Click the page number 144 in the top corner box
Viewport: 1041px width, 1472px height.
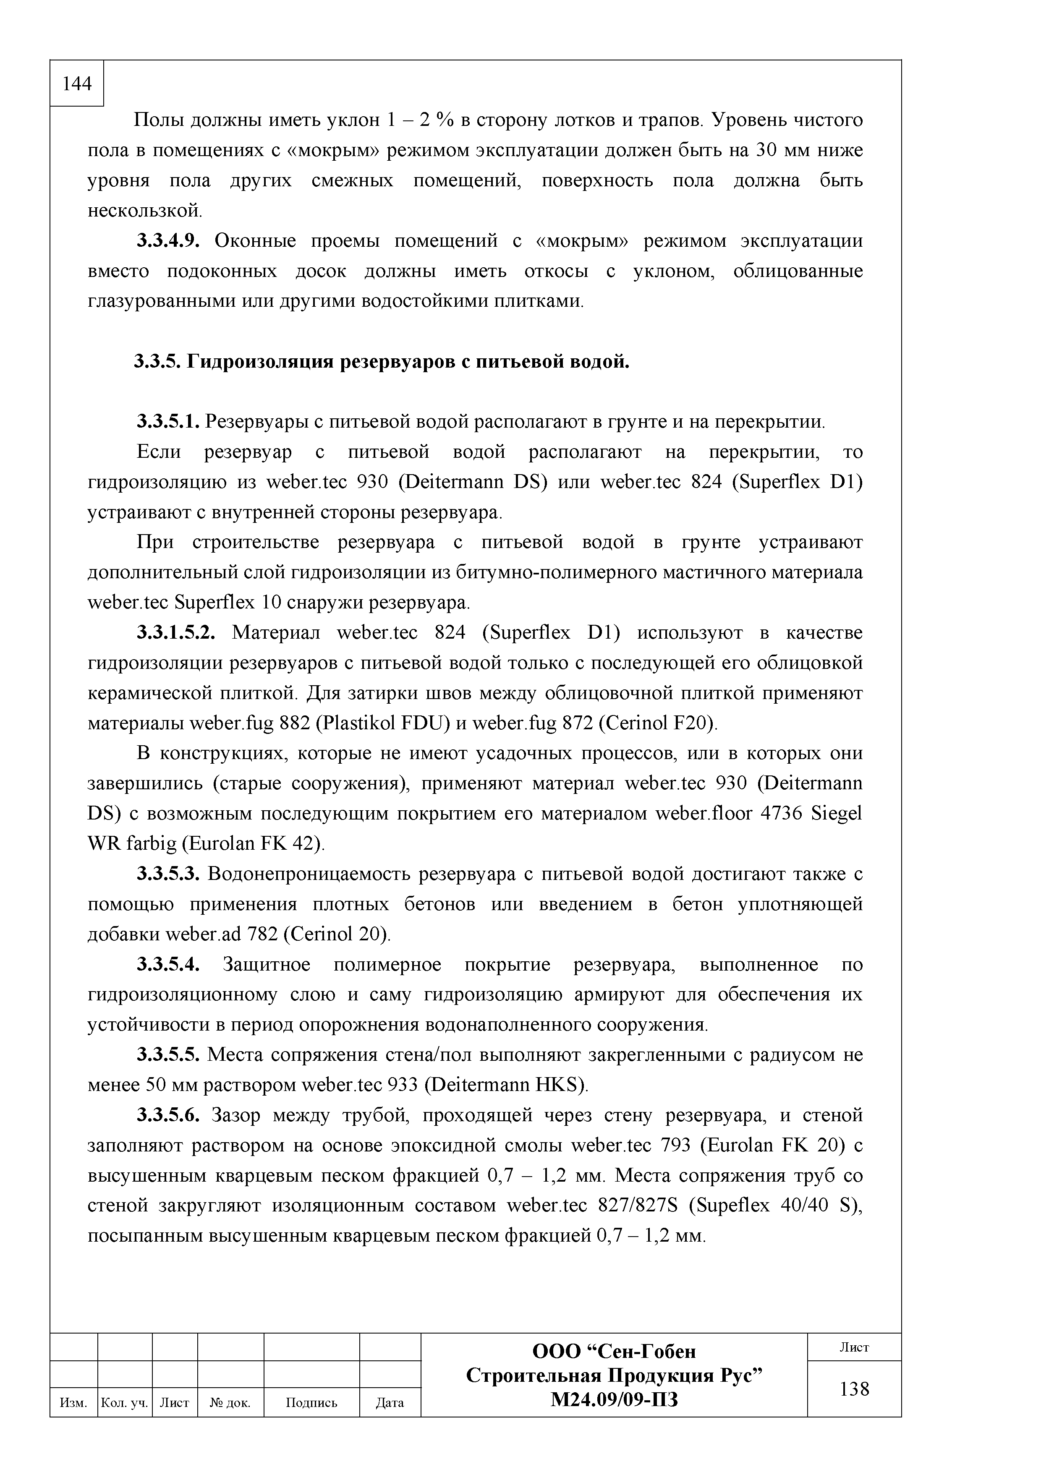(77, 84)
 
